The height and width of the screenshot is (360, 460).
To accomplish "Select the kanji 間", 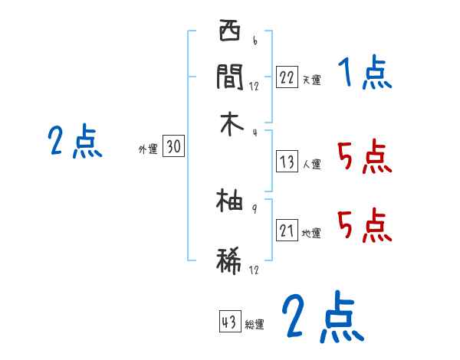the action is point(230,77).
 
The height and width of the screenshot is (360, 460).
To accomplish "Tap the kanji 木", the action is point(230,123).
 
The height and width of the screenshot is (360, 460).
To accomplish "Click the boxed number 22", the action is point(286,77).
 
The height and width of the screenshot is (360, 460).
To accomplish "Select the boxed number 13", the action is point(287,162).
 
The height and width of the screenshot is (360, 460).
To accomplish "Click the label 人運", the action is point(311,164).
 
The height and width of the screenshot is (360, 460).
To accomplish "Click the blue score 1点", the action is point(364,74).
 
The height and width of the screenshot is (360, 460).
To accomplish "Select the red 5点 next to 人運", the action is point(364,159).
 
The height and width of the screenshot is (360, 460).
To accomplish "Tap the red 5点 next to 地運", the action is point(364,227).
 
